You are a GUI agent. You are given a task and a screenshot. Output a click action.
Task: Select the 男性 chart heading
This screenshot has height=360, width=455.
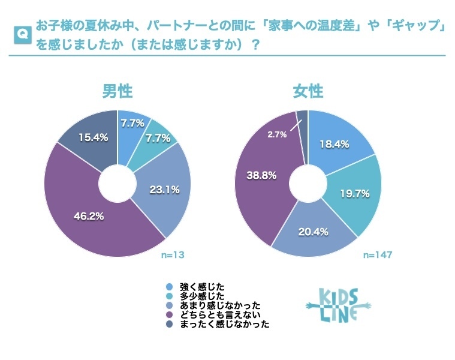point(117,91)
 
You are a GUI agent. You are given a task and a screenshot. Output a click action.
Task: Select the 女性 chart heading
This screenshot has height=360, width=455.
point(308,91)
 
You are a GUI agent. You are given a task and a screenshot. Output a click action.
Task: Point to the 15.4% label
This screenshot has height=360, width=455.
point(93,137)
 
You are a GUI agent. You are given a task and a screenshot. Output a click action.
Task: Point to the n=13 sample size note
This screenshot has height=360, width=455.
point(173,255)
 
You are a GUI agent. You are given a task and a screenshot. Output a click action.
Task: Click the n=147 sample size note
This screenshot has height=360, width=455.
point(378,255)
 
